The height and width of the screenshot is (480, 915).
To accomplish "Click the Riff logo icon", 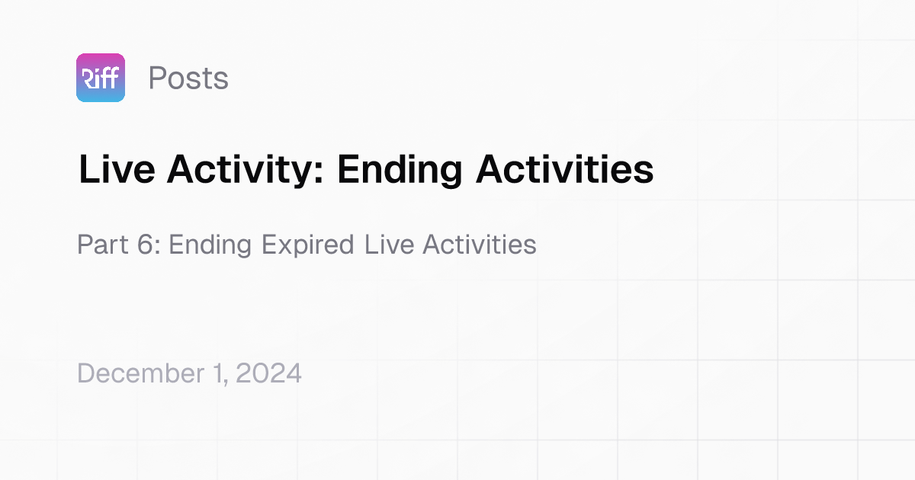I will pyautogui.click(x=101, y=78).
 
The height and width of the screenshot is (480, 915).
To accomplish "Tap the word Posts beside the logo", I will pyautogui.click(x=188, y=78).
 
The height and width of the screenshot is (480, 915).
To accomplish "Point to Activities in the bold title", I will pyautogui.click(x=564, y=170).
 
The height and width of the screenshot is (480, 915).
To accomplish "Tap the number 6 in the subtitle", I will pyautogui.click(x=149, y=245).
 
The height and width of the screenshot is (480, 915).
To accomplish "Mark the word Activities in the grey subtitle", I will pyautogui.click(x=479, y=245).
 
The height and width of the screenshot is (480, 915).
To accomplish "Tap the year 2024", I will pyautogui.click(x=270, y=373).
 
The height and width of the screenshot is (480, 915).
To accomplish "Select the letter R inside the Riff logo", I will pyautogui.click(x=86, y=78).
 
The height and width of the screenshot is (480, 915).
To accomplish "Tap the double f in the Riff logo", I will pyautogui.click(x=108, y=78).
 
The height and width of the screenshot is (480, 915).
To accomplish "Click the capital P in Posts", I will pyautogui.click(x=156, y=78).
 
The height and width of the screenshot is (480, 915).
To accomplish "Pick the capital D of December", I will pyautogui.click(x=85, y=373).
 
